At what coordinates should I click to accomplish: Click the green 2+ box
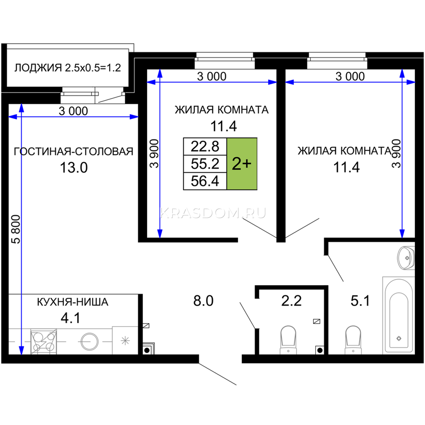click(x=242, y=164)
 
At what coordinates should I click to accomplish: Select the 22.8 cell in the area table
click(x=205, y=147)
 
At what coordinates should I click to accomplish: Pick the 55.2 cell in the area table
click(x=205, y=164)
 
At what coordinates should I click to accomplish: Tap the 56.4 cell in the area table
click(x=205, y=181)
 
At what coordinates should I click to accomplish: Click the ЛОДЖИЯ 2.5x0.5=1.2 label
click(x=68, y=68)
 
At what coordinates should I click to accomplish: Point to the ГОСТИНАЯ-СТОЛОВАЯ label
click(x=74, y=152)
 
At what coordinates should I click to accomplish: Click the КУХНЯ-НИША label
click(x=73, y=302)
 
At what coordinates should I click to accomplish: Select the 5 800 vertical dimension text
click(x=16, y=229)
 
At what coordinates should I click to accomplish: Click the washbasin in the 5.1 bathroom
click(x=406, y=257)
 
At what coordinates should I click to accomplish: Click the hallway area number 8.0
click(x=203, y=301)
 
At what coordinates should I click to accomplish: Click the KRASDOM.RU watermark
click(x=213, y=213)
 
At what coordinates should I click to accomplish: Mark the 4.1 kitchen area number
click(x=70, y=318)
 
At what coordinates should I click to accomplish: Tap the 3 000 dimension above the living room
click(x=73, y=111)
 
